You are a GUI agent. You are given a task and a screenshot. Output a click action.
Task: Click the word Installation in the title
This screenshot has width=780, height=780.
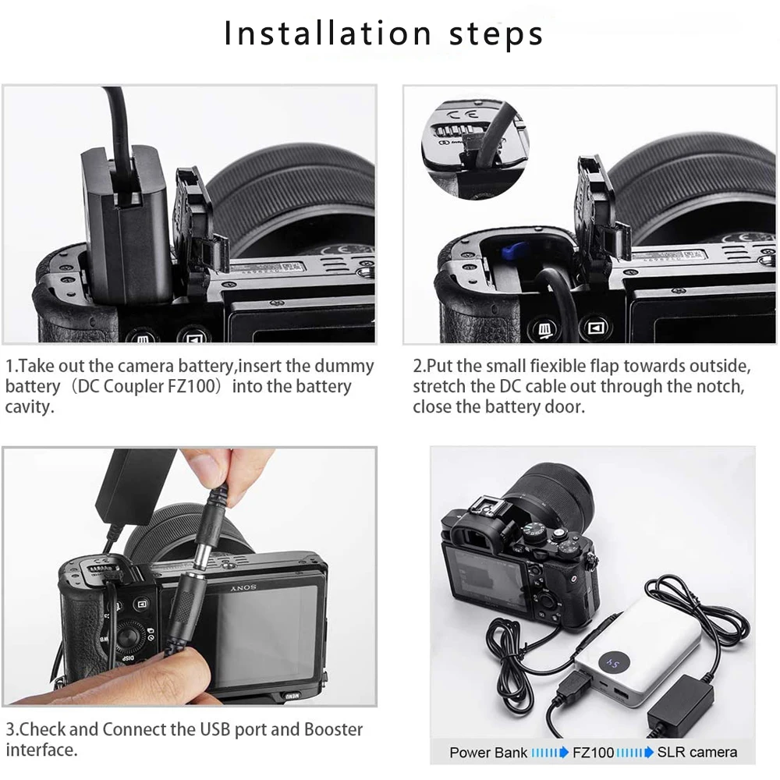[328, 34]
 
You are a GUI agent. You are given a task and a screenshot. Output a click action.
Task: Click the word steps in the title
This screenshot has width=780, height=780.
[495, 35]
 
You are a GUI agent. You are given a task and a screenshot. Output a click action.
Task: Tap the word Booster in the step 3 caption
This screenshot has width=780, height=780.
[333, 729]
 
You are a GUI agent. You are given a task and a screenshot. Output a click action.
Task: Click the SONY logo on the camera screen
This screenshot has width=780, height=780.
[243, 588]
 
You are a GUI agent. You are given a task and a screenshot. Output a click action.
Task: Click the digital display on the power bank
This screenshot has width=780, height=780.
[615, 663]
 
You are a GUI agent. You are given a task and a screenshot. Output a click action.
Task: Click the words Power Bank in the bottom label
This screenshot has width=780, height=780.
[488, 752]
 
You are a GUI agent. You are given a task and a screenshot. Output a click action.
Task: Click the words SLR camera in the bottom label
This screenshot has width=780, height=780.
[697, 752]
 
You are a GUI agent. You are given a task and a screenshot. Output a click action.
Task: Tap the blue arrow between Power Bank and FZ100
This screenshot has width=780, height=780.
[550, 752]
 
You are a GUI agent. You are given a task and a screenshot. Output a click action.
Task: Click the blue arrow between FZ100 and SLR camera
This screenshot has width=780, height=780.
[635, 752]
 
